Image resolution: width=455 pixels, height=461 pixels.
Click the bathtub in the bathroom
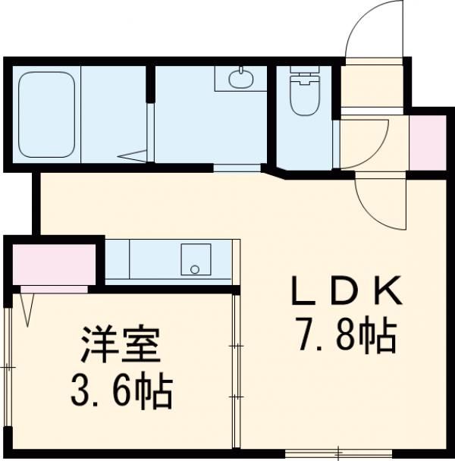coord(47,116)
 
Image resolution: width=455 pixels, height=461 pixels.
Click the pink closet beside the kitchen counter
coord(49,263)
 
